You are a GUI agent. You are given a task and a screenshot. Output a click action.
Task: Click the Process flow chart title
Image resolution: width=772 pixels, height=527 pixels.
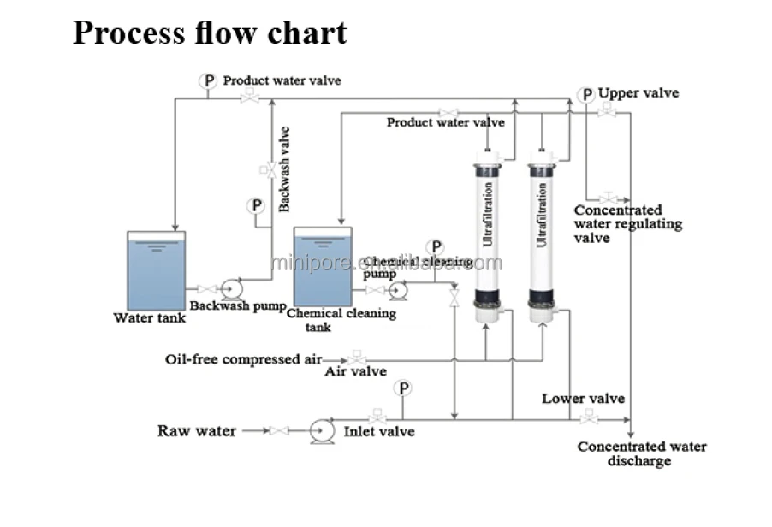210,33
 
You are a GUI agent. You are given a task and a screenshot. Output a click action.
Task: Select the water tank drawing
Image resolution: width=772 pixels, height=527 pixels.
156,269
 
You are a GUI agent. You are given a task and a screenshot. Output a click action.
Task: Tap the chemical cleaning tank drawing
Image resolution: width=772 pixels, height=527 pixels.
322,265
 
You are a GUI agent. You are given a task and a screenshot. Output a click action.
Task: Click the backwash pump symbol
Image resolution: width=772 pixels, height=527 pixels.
230,289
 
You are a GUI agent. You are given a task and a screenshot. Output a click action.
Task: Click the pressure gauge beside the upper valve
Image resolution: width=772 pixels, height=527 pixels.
585,95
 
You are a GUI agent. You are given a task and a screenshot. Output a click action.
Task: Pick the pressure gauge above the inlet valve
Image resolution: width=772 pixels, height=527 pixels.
403,388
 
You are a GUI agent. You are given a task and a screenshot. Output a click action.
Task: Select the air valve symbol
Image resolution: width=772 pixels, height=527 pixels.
357,359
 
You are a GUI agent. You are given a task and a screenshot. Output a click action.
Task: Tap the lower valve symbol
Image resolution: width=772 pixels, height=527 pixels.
587,418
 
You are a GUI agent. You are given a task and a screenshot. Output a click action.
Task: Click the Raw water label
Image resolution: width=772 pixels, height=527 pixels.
197,430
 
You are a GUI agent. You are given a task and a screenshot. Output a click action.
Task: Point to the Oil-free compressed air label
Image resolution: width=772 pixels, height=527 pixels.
243,359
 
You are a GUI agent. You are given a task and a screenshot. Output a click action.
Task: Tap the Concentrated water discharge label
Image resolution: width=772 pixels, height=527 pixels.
641,453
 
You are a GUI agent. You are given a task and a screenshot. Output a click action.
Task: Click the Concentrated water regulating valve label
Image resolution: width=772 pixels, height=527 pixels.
627,223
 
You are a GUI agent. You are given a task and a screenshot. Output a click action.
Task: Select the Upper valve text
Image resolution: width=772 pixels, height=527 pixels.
638,92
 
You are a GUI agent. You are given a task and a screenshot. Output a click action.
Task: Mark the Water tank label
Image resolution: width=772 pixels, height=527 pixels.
149,318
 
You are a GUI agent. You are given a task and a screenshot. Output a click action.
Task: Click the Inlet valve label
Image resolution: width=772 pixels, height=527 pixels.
379,431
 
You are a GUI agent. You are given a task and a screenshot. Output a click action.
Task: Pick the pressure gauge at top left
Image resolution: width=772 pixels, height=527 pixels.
208,80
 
